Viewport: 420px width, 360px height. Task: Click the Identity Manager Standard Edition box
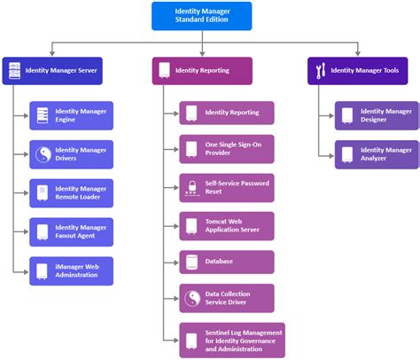[x=201, y=15]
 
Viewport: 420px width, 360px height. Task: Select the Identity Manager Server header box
[x=52, y=70]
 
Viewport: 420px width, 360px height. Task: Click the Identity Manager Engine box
[x=71, y=116]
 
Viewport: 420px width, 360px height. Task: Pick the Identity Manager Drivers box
[x=71, y=155]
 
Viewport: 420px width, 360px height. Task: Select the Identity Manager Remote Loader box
[x=71, y=193]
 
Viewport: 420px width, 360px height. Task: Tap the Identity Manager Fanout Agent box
[x=71, y=232]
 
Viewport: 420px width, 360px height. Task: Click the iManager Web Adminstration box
[x=71, y=270]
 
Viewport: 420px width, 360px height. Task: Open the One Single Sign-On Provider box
[x=227, y=150]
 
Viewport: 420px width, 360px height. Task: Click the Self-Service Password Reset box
[x=227, y=187]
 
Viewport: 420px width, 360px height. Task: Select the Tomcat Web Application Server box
[x=227, y=225]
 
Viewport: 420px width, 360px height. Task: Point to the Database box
[x=227, y=262]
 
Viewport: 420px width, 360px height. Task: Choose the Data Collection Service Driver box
[x=227, y=298]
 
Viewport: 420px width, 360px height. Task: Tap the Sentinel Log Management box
[x=227, y=340]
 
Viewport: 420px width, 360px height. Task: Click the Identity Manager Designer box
[x=377, y=116]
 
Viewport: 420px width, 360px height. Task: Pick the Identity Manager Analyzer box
[x=377, y=154]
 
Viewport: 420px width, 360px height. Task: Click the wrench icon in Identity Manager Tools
[x=321, y=70]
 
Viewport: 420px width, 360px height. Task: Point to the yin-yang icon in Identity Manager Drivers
[x=43, y=155]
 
